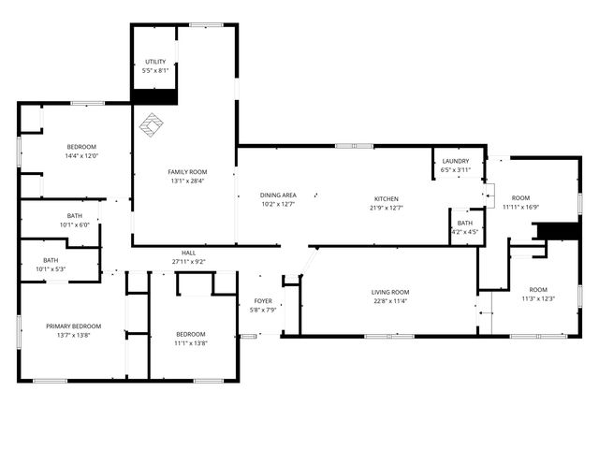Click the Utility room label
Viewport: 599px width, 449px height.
154,61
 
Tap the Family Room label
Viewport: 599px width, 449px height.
187,172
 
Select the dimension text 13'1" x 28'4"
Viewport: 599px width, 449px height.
187,181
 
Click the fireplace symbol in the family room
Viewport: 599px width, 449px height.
152,123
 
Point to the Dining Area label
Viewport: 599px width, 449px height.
277,195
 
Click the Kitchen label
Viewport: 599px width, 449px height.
387,198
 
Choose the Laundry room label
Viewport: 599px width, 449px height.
455,161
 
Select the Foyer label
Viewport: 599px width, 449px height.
262,301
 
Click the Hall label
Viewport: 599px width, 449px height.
188,253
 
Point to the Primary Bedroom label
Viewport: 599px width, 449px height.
74,326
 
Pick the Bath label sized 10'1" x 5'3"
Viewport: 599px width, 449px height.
51,260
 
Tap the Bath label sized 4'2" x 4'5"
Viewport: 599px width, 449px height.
465,223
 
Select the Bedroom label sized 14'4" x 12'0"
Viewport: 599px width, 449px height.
81,147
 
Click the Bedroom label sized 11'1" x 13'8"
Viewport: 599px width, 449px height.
192,334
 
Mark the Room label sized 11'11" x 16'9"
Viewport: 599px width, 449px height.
520,197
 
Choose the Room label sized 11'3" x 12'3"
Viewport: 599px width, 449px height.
538,289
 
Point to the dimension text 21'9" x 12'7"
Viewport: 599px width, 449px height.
387,208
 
